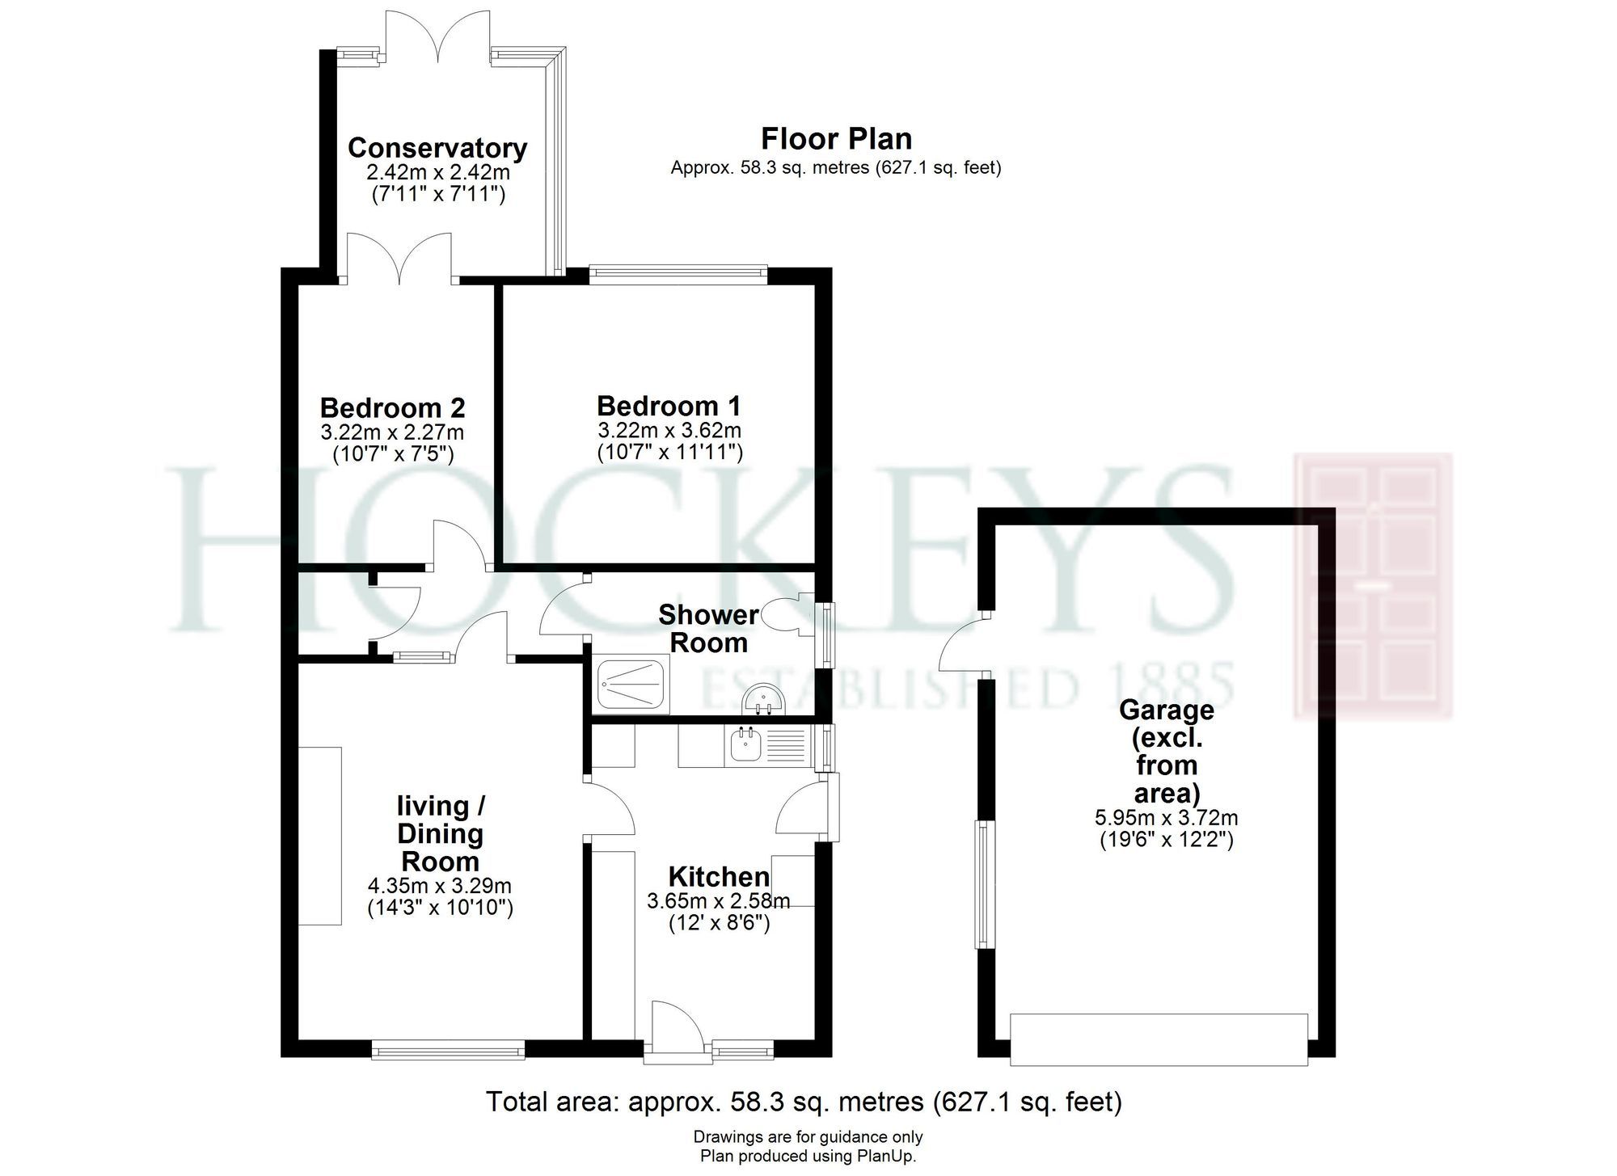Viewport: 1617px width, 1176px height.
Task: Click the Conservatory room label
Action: click(437, 149)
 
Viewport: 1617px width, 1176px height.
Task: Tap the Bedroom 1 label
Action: click(669, 406)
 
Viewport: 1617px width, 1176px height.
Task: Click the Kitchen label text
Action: click(719, 877)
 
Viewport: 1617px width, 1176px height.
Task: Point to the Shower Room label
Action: click(708, 629)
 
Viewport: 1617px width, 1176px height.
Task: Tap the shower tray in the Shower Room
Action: click(631, 685)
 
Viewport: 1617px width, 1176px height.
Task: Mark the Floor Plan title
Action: click(837, 139)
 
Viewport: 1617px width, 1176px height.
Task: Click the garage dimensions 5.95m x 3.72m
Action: click(1167, 818)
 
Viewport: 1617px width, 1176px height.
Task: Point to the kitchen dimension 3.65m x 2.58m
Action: click(719, 900)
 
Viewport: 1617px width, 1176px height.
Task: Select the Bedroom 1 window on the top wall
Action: click(678, 275)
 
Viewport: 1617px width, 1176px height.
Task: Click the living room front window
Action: click(448, 1051)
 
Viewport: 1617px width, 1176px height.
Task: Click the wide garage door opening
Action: click(1159, 1039)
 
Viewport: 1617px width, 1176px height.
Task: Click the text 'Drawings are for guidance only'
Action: click(808, 1137)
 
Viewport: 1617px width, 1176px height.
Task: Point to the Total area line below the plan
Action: click(804, 1102)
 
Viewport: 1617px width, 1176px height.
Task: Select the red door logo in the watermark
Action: click(1372, 586)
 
